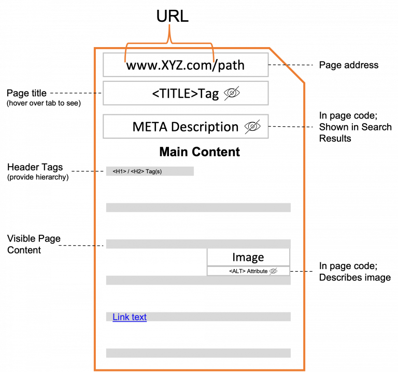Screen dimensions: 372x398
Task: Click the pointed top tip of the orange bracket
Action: point(169,25)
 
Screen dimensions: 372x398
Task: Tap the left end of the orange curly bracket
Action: point(125,61)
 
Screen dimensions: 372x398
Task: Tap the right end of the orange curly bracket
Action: point(214,61)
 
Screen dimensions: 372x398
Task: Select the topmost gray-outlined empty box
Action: point(186,65)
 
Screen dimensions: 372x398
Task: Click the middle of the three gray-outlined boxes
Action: point(186,93)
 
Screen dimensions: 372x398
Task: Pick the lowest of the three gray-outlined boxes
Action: point(186,126)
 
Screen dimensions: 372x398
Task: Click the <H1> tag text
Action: point(119,171)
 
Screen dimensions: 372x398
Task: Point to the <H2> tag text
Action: point(137,171)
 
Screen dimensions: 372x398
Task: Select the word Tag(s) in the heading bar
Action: point(154,171)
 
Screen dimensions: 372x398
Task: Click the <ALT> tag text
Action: point(237,271)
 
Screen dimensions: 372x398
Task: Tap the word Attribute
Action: point(258,271)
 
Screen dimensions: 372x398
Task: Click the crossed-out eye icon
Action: point(274,271)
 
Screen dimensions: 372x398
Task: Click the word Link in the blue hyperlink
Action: point(121,317)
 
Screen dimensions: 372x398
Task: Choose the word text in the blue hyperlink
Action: point(139,317)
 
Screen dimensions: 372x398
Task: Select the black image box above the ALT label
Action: point(248,257)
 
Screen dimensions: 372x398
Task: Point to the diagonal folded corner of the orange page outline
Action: point(287,65)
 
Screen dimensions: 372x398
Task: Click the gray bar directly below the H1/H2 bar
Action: point(198,207)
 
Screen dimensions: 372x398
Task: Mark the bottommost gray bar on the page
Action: point(198,353)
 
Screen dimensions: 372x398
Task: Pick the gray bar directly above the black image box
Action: point(198,244)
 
